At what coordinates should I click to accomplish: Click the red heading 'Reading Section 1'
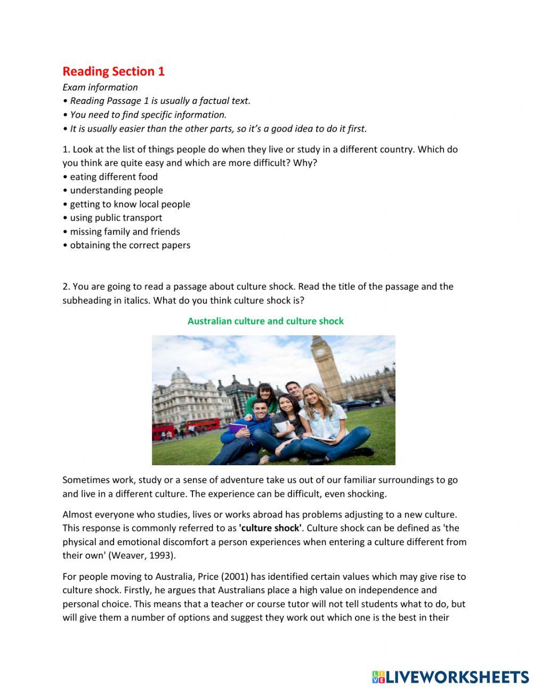point(114,71)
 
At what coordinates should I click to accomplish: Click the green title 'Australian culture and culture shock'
point(265,321)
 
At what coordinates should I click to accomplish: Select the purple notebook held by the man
point(238,428)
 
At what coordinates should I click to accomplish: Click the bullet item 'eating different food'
point(114,176)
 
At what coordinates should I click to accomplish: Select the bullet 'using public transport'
point(116,217)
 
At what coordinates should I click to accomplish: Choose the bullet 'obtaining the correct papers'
point(130,245)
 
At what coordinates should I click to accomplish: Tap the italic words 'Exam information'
point(100,87)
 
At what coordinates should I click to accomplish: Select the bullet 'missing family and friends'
point(125,231)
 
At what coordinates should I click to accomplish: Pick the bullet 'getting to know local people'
point(130,204)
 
